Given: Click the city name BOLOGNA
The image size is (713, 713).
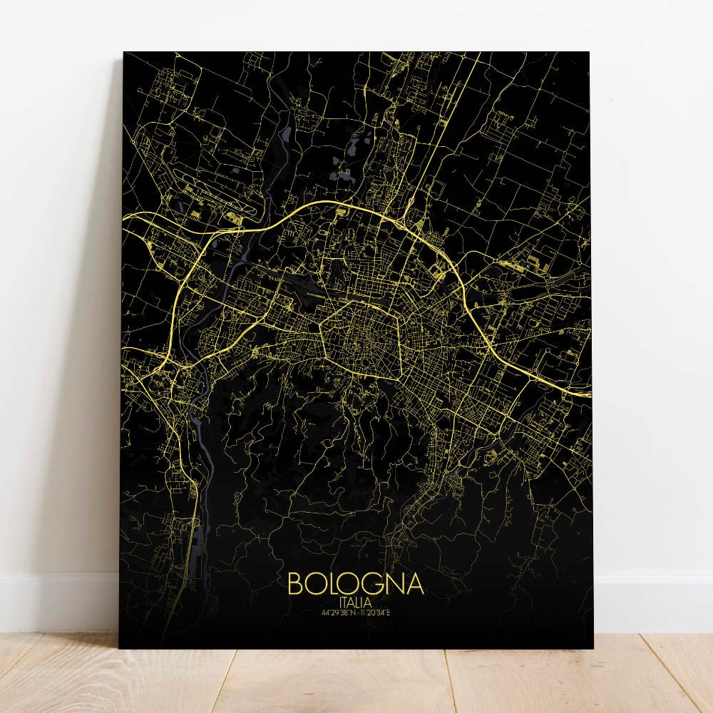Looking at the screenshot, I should pyautogui.click(x=356, y=584).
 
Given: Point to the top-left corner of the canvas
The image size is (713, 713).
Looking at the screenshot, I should pyautogui.click(x=124, y=52).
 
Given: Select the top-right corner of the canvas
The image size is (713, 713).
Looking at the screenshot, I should pyautogui.click(x=590, y=52).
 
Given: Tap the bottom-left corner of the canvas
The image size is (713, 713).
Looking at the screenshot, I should pyautogui.click(x=119, y=647).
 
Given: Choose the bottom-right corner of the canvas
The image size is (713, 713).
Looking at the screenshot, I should pyautogui.click(x=594, y=647).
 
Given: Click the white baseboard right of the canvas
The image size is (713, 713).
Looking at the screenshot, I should pyautogui.click(x=652, y=602).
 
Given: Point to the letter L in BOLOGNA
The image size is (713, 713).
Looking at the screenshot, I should pyautogui.click(x=332, y=584).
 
